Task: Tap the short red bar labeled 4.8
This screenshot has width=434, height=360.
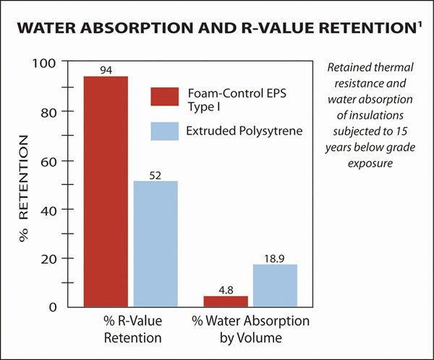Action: [x=226, y=301]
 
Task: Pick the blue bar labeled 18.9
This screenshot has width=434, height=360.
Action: [x=275, y=286]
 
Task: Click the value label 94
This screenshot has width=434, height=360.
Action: [x=106, y=70]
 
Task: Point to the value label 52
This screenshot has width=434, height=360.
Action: [x=155, y=174]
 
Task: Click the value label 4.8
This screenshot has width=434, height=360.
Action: [x=226, y=289]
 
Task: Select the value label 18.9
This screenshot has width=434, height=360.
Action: [x=275, y=258]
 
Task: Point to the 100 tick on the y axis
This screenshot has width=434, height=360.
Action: [x=45, y=63]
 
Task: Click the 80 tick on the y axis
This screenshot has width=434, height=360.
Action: [x=48, y=112]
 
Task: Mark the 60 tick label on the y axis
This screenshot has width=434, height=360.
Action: [x=48, y=160]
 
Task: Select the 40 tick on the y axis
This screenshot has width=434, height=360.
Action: [x=48, y=210]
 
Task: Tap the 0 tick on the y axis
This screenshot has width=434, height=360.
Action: [x=52, y=307]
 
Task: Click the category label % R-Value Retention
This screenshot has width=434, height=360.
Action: [x=132, y=327]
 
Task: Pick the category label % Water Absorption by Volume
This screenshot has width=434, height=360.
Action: [x=250, y=327]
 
